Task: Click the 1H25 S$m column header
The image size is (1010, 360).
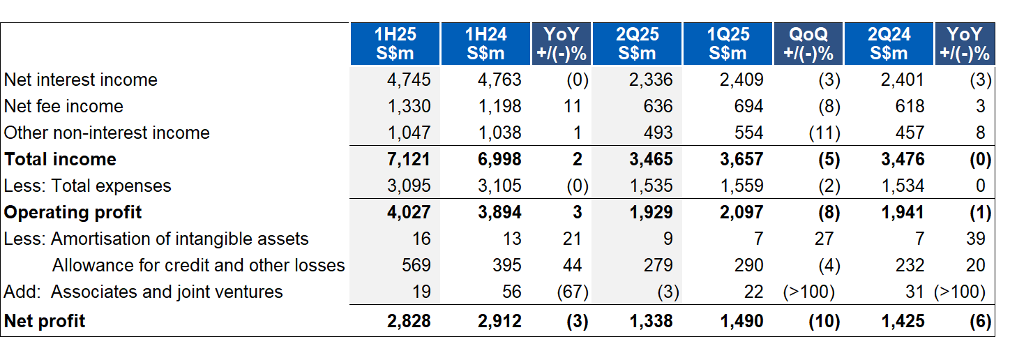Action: click(x=394, y=43)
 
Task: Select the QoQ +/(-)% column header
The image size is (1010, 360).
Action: click(x=808, y=43)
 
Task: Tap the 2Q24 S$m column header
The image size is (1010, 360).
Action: click(x=889, y=43)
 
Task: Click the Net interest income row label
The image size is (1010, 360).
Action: click(x=81, y=80)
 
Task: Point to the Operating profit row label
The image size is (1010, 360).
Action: click(x=73, y=212)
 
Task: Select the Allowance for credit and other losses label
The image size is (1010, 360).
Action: click(x=199, y=265)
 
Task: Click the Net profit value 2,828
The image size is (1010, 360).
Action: click(x=409, y=321)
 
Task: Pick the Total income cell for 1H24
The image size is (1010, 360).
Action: click(x=499, y=159)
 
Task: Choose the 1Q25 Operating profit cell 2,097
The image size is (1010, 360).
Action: click(x=741, y=212)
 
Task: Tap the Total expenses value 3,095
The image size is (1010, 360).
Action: click(x=409, y=186)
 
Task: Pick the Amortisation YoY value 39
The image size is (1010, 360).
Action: click(x=976, y=239)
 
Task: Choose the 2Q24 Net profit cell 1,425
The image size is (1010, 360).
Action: click(x=903, y=321)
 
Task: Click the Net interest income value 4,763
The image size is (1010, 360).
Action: click(x=499, y=80)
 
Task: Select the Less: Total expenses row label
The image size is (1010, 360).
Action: click(x=87, y=186)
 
